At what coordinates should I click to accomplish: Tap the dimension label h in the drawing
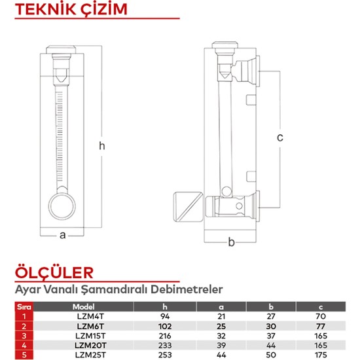click(x=101, y=146)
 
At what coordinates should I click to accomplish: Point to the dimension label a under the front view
click(x=63, y=236)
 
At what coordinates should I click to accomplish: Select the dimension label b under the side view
click(x=230, y=243)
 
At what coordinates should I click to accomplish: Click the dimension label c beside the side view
click(x=279, y=137)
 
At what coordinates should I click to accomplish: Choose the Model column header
click(x=84, y=306)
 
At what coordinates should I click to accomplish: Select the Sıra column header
click(x=24, y=306)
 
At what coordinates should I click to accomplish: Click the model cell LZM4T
click(x=83, y=316)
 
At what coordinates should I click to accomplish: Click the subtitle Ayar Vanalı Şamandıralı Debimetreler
click(x=119, y=288)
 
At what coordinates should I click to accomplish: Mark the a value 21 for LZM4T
click(x=220, y=316)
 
